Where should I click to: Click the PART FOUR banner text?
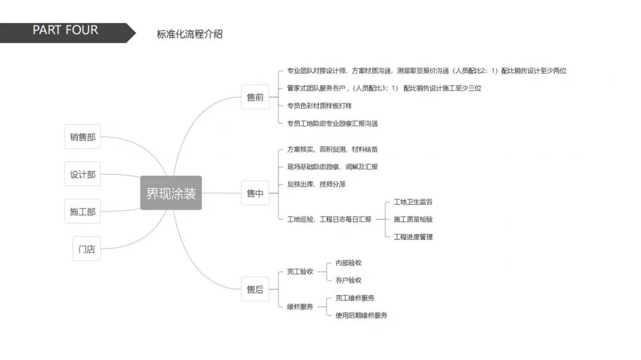pos(65,31)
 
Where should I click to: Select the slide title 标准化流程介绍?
pos(189,34)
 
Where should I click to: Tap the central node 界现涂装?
pos(171,193)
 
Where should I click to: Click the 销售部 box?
pos(82,137)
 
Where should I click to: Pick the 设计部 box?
pos(82,174)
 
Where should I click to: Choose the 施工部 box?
pos(82,211)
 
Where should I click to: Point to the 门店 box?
pos(87,249)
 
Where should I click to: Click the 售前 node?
pos(255,97)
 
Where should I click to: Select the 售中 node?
pos(255,193)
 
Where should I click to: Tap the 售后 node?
pos(255,289)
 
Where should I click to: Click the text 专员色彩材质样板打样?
pos(319,106)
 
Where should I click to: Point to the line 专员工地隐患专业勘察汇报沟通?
pos(332,123)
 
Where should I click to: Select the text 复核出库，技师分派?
pos(316,184)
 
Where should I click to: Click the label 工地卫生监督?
pos(413,202)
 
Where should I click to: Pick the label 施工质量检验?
pos(413,219)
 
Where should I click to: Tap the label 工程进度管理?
pos(413,237)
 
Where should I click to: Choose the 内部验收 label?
pos(348,263)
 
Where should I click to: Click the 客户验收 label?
pos(348,280)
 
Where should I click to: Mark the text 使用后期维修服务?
pos(361,316)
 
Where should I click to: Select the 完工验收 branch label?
pos(300,272)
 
